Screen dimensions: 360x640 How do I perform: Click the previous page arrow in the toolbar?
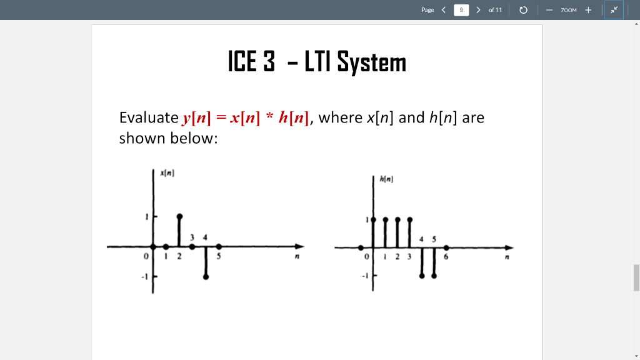coord(443,10)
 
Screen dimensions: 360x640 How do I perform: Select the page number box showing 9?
coord(461,10)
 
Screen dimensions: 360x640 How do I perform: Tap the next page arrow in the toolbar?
coord(478,10)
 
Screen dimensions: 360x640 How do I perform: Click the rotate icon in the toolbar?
coord(524,10)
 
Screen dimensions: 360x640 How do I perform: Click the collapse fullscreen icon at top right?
coord(614,10)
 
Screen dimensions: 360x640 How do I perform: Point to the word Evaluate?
coord(149,117)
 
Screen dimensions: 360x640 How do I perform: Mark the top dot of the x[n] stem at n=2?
coord(179,216)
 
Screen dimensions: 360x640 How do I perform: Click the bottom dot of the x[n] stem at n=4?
coord(206,276)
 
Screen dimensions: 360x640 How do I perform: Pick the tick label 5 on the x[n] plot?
coord(219,256)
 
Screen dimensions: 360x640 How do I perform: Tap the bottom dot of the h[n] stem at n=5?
coord(434,276)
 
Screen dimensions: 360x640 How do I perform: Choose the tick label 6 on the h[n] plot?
coord(446,256)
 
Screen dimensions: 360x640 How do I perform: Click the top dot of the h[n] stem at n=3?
coord(409,219)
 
